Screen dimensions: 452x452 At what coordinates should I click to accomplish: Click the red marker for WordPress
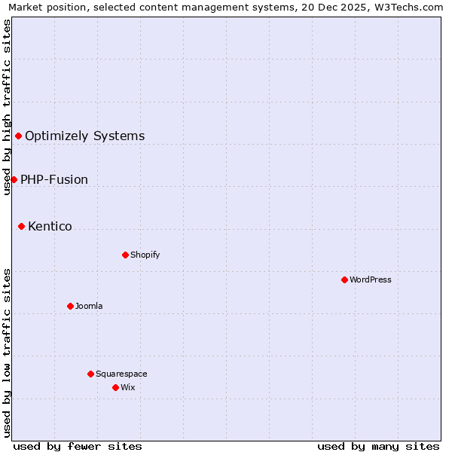click(x=344, y=279)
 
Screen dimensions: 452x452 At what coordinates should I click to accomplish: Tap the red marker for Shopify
click(x=125, y=255)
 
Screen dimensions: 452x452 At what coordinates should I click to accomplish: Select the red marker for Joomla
click(x=70, y=306)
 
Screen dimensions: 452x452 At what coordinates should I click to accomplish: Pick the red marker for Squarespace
click(x=90, y=374)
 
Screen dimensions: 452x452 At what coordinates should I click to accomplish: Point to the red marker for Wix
click(x=115, y=387)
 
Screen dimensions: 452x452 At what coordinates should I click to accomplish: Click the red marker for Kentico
click(x=21, y=226)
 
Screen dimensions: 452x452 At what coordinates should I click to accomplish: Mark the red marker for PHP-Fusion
click(x=14, y=179)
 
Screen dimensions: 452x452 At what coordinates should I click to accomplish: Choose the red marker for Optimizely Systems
click(x=18, y=136)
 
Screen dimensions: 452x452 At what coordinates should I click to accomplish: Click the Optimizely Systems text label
click(x=84, y=136)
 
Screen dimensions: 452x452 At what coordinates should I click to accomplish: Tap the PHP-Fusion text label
click(x=54, y=180)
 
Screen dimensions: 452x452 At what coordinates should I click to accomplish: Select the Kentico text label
click(x=50, y=227)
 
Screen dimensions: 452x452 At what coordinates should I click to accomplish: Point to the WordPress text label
click(x=371, y=279)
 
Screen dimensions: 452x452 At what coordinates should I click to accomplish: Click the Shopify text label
click(x=145, y=255)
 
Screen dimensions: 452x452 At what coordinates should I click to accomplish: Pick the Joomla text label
click(x=89, y=306)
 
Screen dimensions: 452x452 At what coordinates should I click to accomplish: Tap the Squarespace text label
click(x=121, y=374)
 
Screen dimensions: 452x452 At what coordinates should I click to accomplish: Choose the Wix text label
click(x=127, y=387)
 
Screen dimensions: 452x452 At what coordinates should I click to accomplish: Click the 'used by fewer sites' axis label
click(x=78, y=446)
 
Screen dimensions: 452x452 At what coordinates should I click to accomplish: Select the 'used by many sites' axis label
click(x=378, y=446)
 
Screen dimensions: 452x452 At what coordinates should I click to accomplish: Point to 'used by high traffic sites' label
click(x=8, y=107)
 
